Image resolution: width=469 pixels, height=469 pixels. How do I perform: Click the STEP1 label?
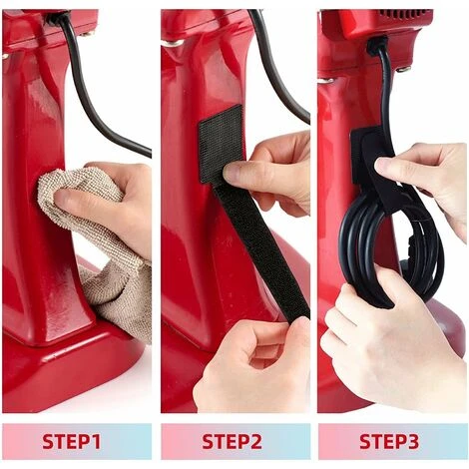click(x=72, y=441)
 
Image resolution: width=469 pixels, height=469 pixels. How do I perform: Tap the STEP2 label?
click(x=232, y=441)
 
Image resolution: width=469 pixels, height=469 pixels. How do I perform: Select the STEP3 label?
click(x=389, y=441)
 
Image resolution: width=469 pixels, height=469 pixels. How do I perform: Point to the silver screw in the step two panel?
click(x=172, y=43)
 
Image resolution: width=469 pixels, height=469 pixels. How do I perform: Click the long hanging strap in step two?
click(x=262, y=252)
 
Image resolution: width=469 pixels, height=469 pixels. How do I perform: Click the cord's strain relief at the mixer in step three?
click(x=376, y=46)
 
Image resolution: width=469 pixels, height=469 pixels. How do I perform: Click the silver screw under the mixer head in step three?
click(x=403, y=69)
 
